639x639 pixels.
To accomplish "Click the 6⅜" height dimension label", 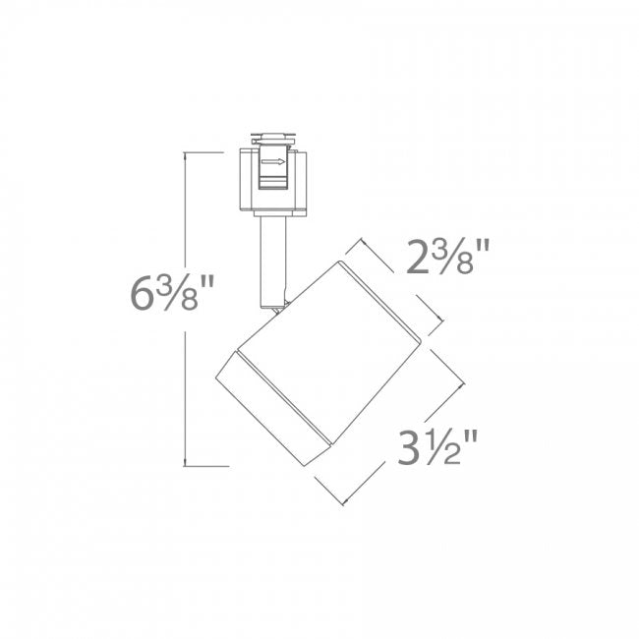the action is (172, 293).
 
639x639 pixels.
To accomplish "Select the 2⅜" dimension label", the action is (447, 257).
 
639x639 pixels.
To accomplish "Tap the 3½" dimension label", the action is (437, 447).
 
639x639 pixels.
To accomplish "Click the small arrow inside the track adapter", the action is (273, 162).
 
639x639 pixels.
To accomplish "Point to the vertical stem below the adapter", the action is (273, 261).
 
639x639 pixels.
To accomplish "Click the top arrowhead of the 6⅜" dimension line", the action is (186, 155).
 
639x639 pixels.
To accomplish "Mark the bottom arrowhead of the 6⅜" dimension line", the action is (186, 463).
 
